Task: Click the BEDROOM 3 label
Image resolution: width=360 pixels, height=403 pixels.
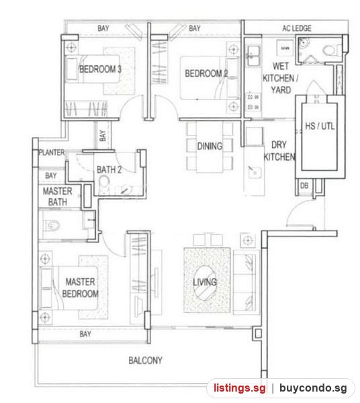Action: point(100,69)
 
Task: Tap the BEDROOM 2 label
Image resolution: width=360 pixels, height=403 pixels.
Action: point(206,73)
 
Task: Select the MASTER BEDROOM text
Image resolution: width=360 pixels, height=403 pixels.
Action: point(80,287)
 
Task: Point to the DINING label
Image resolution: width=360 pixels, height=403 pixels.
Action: point(210,146)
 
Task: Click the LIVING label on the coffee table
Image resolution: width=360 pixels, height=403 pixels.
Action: point(205,282)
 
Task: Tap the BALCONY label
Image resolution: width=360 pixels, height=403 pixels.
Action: point(145,360)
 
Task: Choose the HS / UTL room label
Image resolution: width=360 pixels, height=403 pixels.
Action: point(320,126)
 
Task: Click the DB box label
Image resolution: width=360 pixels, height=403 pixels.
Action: point(304,185)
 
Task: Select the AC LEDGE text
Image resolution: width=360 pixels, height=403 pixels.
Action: point(297,28)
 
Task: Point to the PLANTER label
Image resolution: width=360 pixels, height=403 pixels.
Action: point(52,152)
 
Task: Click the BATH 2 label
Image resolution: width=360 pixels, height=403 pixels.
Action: point(109,170)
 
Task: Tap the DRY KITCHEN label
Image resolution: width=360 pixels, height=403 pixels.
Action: point(279,150)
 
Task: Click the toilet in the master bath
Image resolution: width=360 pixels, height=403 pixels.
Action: point(52,226)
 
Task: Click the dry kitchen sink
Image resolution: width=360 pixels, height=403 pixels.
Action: point(255,172)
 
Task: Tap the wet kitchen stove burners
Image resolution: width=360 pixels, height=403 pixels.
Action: point(253,102)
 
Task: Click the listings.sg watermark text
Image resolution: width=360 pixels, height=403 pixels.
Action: point(240,388)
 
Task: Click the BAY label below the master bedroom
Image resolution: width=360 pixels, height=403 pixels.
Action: point(85,334)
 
